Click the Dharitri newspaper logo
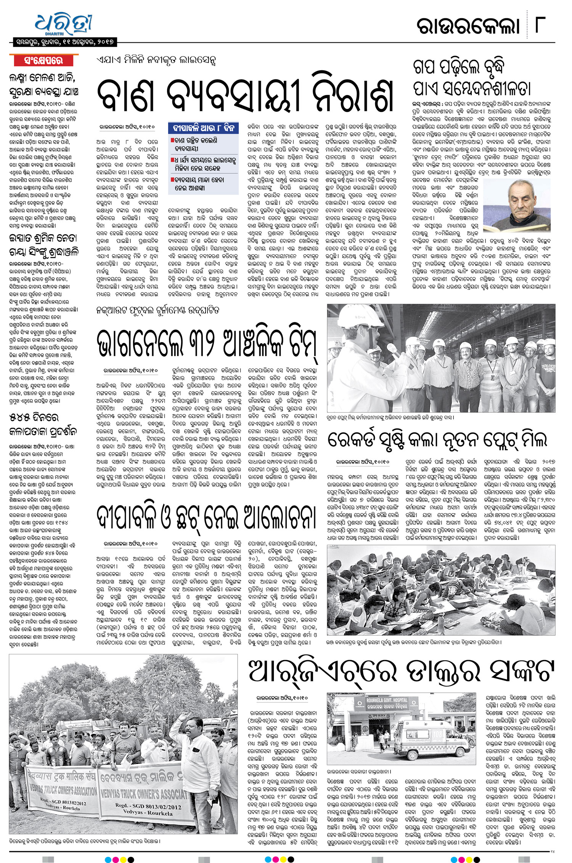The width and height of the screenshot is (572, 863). click(x=63, y=25)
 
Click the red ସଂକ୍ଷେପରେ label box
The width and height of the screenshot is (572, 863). click(x=43, y=61)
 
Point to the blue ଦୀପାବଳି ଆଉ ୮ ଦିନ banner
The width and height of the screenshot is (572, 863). click(x=203, y=128)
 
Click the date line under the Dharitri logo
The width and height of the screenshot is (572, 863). click(x=64, y=42)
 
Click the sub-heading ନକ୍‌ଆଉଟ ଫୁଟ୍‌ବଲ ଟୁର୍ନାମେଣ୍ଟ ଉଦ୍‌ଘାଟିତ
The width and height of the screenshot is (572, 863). click(x=158, y=311)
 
